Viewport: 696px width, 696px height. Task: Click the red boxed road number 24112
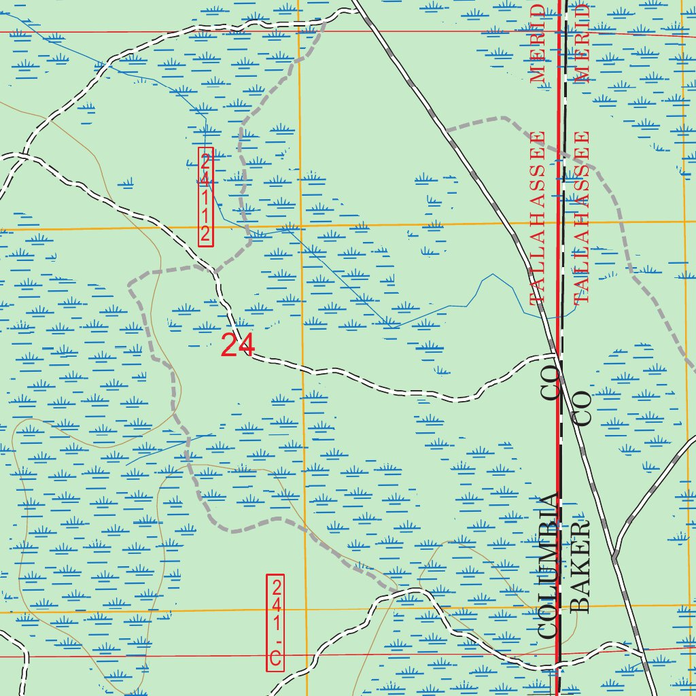(206, 197)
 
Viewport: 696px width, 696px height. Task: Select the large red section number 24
(238, 346)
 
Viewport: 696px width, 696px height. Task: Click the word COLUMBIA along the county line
(548, 564)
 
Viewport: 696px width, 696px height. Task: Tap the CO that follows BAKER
(583, 408)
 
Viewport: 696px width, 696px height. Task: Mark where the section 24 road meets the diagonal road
(555, 355)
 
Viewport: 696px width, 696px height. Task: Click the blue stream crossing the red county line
(559, 317)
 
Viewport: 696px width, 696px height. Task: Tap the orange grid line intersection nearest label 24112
(300, 226)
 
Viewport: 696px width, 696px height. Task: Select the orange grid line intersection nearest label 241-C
(304, 610)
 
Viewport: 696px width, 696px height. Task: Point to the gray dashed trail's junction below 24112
(215, 271)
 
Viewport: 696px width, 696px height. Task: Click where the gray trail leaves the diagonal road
(446, 129)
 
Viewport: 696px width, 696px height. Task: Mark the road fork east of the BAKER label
(614, 559)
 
